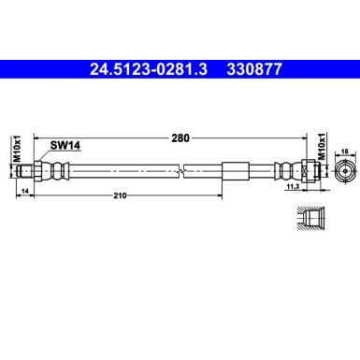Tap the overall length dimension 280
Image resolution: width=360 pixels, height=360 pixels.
pyautogui.click(x=180, y=137)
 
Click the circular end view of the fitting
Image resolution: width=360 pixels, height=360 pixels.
pyautogui.click(x=342, y=172)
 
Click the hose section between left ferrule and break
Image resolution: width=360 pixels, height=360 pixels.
pyautogui.click(x=122, y=172)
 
